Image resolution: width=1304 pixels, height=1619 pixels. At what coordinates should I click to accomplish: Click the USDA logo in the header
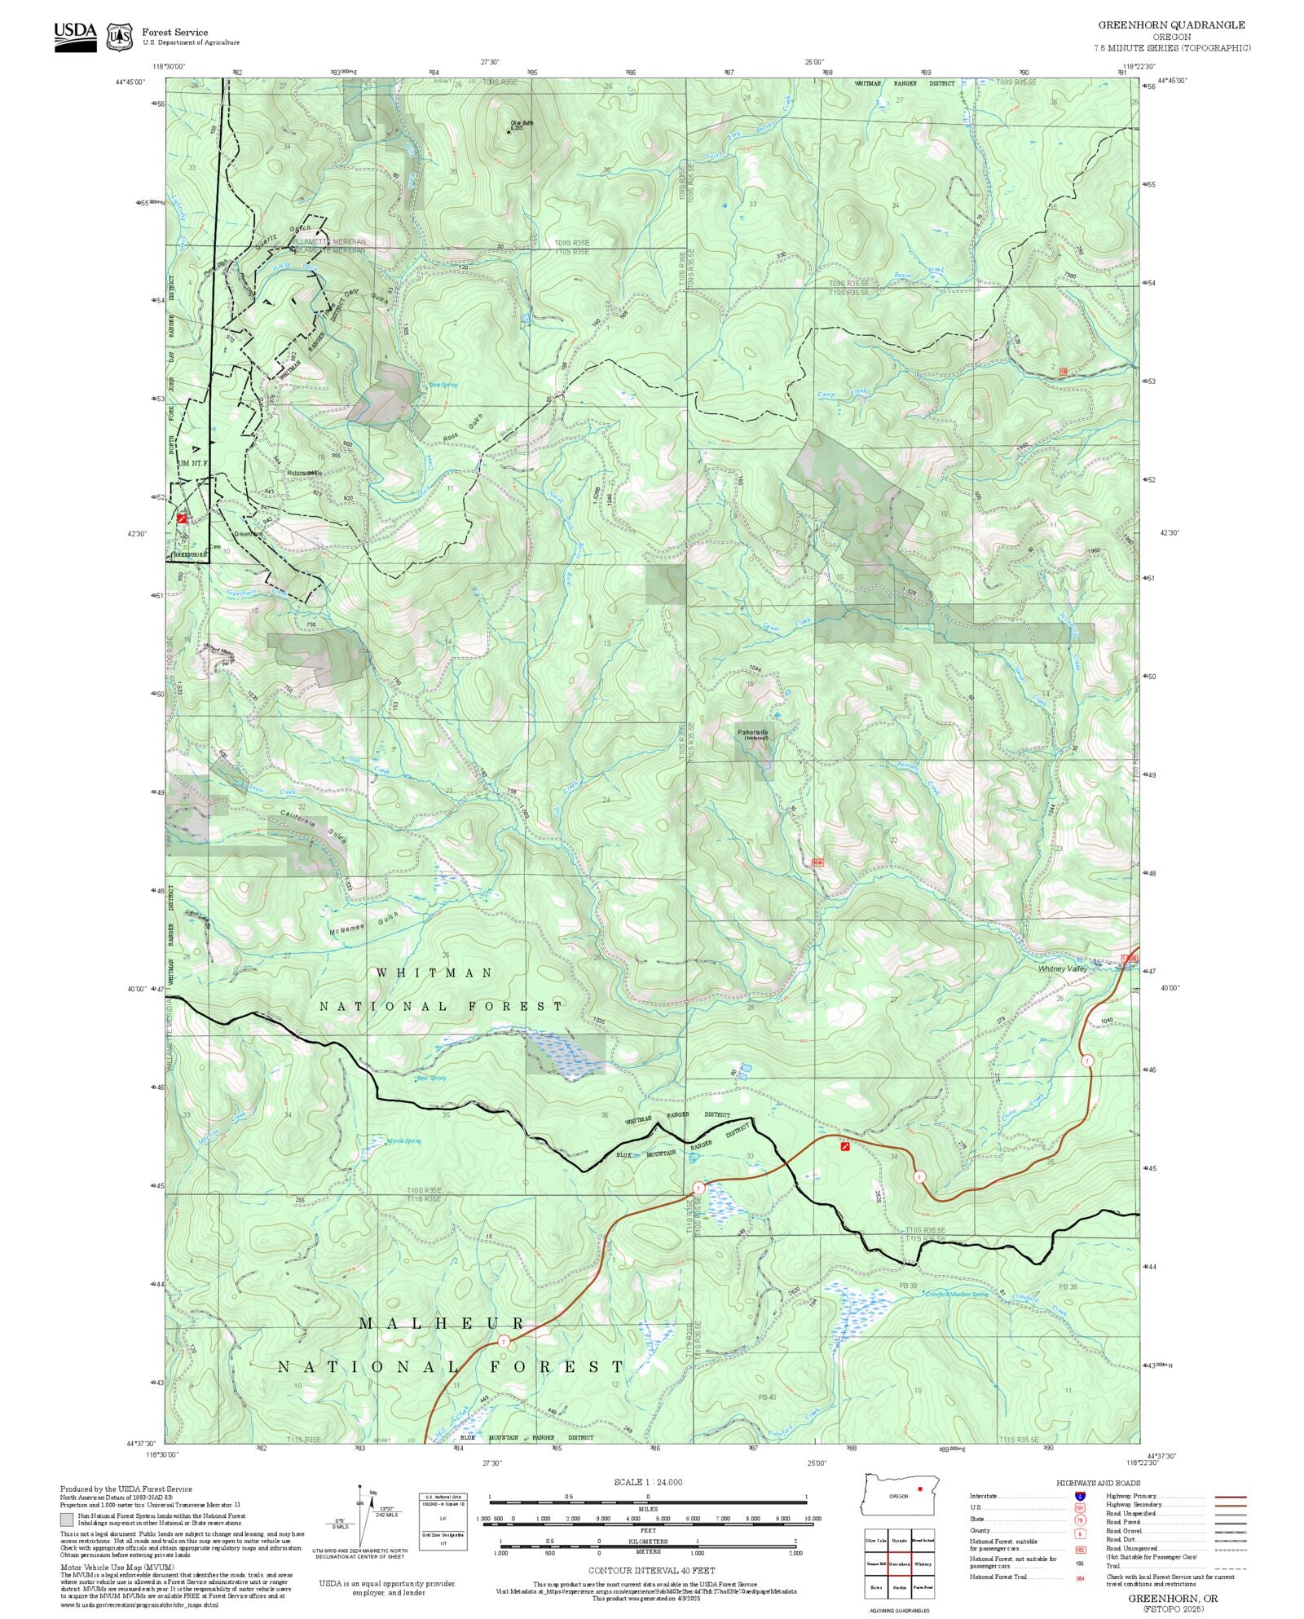(x=75, y=37)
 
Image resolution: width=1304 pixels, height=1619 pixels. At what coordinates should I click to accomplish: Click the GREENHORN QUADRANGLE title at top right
(x=1171, y=25)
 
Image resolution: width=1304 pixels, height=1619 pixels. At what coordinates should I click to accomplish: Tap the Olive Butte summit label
(x=522, y=124)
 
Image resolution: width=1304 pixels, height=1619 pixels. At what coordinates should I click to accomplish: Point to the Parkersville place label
(x=752, y=732)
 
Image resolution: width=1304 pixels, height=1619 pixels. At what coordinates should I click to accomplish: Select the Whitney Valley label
(x=1062, y=969)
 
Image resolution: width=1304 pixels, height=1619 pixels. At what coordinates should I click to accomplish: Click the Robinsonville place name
(x=305, y=473)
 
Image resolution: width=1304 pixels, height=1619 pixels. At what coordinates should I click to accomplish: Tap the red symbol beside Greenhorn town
(x=182, y=518)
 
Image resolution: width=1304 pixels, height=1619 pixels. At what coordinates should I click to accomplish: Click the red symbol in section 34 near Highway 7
(x=845, y=1146)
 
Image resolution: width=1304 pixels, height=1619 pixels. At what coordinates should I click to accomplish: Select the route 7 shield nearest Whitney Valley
(x=1087, y=1061)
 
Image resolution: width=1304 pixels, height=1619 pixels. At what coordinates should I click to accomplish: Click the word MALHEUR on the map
(x=442, y=1323)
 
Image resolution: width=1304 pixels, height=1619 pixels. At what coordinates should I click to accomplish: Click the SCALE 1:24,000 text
(x=648, y=1482)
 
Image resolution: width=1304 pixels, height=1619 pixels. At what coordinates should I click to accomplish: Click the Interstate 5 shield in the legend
(x=1079, y=1497)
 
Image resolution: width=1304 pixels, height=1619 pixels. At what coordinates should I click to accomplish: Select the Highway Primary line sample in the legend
(x=1231, y=1497)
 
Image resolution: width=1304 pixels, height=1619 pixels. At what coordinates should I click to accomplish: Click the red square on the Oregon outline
(x=920, y=1489)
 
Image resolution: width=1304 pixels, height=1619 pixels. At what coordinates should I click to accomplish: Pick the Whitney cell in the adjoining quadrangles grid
(x=923, y=1564)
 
